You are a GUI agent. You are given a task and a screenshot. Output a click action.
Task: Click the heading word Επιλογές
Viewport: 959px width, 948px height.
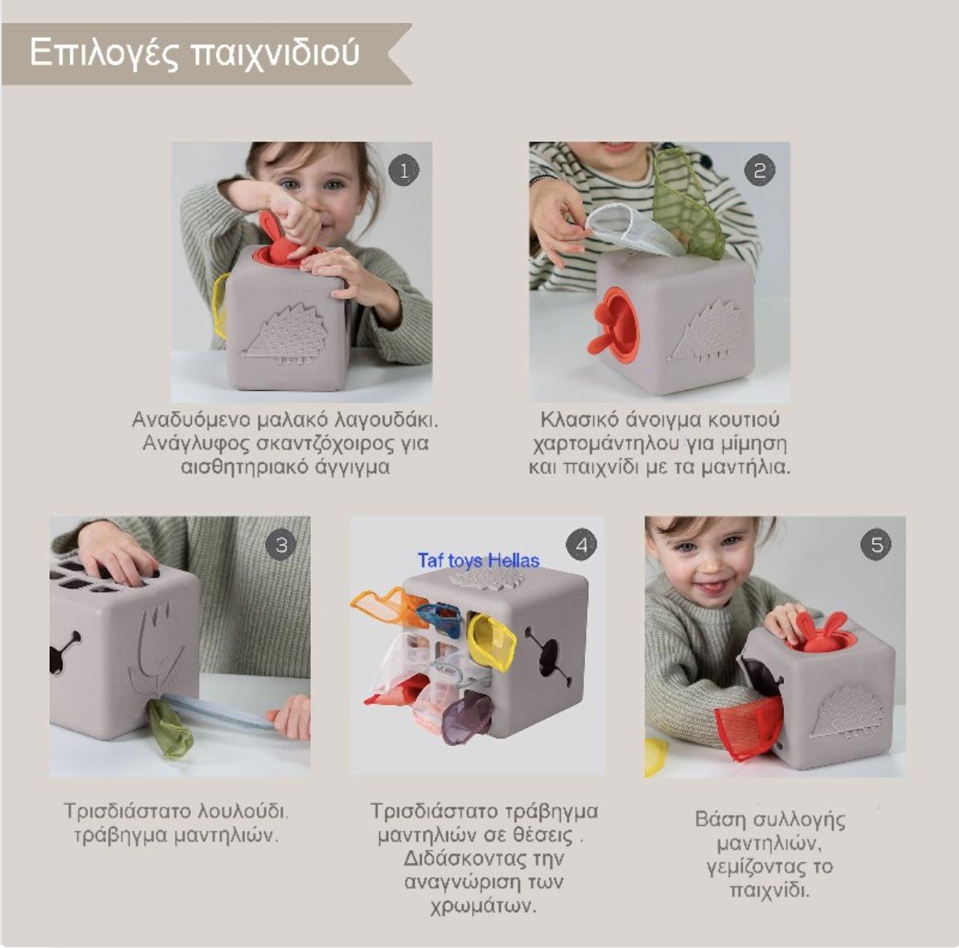coord(104,53)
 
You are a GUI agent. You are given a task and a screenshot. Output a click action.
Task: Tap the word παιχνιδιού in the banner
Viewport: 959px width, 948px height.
coord(274,53)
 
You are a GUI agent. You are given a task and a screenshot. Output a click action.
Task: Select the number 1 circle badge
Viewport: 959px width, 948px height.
coord(404,170)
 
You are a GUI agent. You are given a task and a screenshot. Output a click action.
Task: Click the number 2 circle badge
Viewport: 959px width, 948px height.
coord(760,170)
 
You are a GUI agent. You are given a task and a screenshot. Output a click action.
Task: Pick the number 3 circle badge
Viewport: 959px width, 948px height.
coord(282,544)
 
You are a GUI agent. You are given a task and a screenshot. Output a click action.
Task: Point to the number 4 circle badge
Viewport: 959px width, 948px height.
coord(581,544)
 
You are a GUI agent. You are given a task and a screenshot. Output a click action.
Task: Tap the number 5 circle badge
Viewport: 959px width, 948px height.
coord(877,544)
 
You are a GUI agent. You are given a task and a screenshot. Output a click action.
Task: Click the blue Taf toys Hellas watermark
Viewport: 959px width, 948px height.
coord(479,560)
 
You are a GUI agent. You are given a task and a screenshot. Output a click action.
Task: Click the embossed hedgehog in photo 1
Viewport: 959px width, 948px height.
coord(286,334)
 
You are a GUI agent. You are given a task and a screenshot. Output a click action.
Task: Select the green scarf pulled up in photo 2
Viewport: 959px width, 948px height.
coord(688,205)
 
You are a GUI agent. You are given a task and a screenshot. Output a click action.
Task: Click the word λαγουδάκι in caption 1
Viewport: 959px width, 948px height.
coord(387,421)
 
